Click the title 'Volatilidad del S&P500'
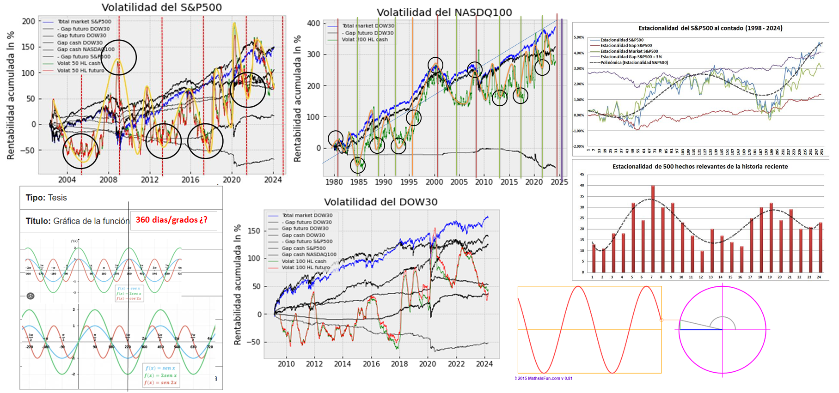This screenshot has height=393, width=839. [161, 7]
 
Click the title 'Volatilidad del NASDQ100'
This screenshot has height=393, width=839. [444, 12]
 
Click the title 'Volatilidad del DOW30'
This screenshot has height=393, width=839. [380, 202]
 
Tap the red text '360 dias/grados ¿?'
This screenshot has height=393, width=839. [171, 220]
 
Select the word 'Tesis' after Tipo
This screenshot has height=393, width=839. [57, 198]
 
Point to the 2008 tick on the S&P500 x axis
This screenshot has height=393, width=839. [108, 180]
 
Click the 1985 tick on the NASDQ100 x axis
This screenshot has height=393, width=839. [359, 182]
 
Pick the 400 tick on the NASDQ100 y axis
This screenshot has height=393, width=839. [313, 24]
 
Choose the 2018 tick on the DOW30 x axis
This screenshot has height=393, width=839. [399, 364]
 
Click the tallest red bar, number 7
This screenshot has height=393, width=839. [653, 229]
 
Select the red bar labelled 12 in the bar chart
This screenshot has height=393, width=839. [702, 261]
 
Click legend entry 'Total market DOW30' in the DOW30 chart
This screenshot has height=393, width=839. [307, 215]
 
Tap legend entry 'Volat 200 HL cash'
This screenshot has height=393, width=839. [365, 40]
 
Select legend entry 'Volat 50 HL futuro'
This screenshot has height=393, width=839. [80, 71]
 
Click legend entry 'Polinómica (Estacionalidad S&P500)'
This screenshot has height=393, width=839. [634, 62]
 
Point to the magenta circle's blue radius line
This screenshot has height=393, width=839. [701, 330]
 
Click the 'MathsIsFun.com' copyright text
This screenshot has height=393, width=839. [545, 378]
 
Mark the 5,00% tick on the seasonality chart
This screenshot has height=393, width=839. [579, 37]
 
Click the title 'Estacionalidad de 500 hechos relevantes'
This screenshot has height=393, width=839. [700, 166]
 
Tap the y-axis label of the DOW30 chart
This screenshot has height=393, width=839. [238, 284]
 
